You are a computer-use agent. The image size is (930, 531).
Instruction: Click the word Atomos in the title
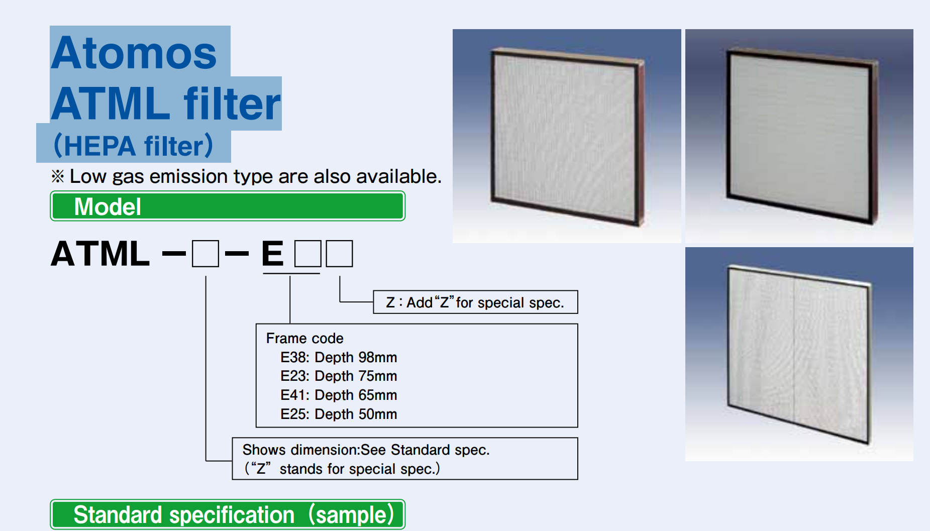pos(134,53)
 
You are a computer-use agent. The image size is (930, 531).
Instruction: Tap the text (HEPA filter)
pos(133,146)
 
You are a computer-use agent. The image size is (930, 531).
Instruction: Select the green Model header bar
pos(228,206)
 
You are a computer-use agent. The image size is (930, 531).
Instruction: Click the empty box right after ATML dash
pos(205,254)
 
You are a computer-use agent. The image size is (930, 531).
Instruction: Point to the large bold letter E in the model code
pos(272,254)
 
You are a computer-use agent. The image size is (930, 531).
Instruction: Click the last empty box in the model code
pos(339,254)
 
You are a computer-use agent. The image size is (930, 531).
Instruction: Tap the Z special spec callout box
pos(475,302)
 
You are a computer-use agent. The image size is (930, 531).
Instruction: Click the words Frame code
pos(304,338)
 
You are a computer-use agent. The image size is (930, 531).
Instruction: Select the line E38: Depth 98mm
pos(339,357)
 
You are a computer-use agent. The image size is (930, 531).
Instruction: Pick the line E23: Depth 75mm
pos(339,376)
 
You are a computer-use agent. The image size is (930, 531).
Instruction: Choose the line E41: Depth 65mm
pos(339,395)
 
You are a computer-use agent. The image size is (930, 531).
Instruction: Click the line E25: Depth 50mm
pos(339,414)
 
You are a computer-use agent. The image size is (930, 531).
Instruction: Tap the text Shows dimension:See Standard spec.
pos(366,450)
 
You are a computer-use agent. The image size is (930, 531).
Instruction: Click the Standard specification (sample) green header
pos(228,514)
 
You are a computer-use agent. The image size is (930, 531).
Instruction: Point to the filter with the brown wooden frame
pos(567,136)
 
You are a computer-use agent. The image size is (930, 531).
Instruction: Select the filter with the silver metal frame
pos(799,354)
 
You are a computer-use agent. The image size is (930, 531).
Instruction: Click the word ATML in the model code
pos(100,254)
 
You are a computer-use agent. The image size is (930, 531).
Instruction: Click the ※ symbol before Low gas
pos(58,176)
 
